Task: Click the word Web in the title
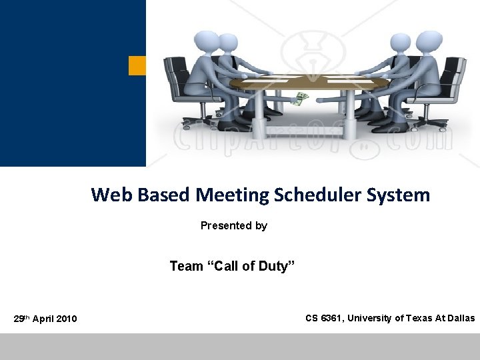click(x=108, y=195)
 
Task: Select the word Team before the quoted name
click(x=186, y=267)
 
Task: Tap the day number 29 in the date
click(x=19, y=319)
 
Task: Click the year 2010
click(x=67, y=319)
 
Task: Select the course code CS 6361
click(x=322, y=318)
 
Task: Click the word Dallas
click(x=461, y=318)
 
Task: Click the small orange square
click(x=137, y=65)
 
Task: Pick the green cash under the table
click(x=303, y=98)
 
